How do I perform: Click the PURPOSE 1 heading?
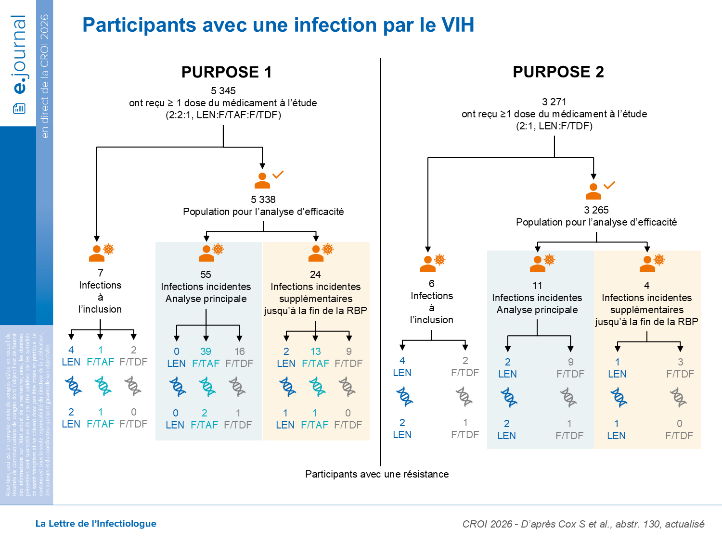tap(226, 72)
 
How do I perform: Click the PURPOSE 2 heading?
tap(558, 72)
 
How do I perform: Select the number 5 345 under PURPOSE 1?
tap(223, 91)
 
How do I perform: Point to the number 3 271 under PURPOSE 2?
tap(554, 102)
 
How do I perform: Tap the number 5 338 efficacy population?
tap(263, 200)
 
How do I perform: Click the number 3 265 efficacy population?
tap(596, 210)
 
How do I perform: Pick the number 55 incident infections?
tap(206, 275)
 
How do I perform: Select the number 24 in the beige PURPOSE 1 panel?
tap(315, 275)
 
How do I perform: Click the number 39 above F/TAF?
tap(206, 352)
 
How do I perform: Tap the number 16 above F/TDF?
tap(239, 352)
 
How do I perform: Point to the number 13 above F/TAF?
tap(315, 352)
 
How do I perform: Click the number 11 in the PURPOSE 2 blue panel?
tap(537, 286)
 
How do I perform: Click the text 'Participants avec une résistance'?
tap(377, 474)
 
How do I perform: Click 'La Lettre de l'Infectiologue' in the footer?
tap(96, 524)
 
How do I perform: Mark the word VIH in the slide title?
tap(457, 25)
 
